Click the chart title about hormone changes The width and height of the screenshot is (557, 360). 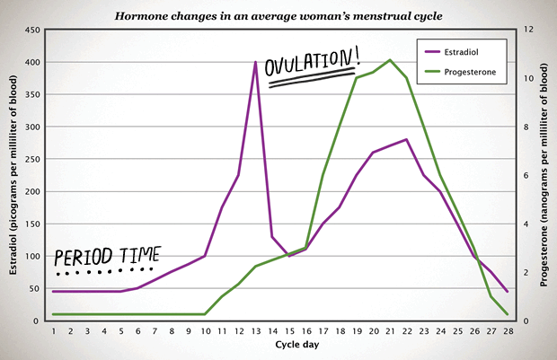[278, 15]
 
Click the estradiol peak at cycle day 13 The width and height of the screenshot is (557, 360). [255, 63]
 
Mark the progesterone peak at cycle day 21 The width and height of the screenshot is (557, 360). [389, 60]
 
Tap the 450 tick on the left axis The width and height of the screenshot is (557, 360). [30, 30]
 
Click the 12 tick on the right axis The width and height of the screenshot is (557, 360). [529, 30]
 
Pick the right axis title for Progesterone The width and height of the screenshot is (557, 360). [546, 175]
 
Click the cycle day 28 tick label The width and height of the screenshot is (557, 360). [507, 332]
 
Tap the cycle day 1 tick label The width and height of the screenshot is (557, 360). [54, 332]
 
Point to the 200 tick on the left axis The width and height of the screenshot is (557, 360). [30, 191]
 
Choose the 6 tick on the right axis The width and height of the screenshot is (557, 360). [527, 175]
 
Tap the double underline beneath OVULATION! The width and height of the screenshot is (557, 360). [311, 79]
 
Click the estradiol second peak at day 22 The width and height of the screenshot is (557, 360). [406, 139]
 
